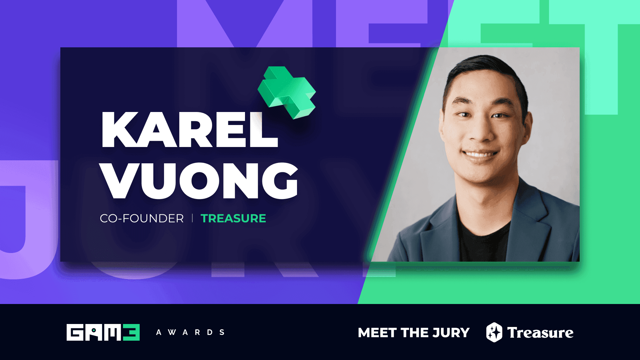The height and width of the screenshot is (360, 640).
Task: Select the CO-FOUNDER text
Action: click(142, 219)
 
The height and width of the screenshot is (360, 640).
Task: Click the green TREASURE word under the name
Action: click(233, 219)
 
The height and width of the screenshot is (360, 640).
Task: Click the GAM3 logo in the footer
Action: click(103, 332)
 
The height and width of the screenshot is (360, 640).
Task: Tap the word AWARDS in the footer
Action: click(190, 332)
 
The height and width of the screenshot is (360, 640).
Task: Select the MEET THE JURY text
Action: click(414, 333)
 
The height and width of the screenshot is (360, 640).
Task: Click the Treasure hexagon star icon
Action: click(494, 332)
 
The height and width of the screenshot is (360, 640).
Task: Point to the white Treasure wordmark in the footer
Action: click(540, 333)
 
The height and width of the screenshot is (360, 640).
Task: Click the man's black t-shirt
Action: click(483, 243)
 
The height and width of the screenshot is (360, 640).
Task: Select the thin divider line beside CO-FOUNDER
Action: click(192, 218)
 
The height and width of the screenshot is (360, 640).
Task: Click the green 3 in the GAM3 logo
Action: click(131, 332)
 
